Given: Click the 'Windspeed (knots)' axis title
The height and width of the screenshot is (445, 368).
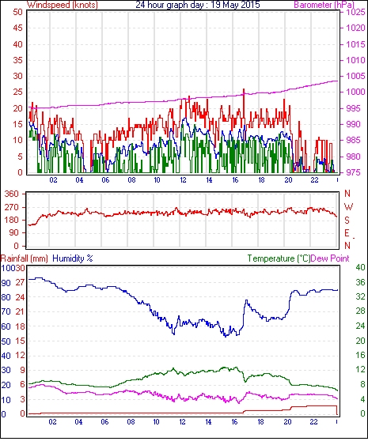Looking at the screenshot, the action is point(63,5).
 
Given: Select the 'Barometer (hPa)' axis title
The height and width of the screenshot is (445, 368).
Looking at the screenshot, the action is point(324,5).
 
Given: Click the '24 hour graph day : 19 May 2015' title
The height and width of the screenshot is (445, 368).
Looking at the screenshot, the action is point(198,5).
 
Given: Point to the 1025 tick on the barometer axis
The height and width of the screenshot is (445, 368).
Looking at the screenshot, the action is point(355,12).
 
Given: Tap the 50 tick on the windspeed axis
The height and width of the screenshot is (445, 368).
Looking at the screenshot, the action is point(17,12).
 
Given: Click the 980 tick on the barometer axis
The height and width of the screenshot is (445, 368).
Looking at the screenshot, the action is point(355,157).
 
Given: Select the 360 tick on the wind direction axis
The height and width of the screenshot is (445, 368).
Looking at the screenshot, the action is point(12,194).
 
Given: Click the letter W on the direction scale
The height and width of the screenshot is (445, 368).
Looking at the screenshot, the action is point(348,206).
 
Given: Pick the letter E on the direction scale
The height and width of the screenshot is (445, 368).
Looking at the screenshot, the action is point(347,233).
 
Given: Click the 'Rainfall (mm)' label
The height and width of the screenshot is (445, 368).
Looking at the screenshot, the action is point(25,258).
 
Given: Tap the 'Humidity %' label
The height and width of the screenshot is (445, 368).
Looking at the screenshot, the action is point(73,258).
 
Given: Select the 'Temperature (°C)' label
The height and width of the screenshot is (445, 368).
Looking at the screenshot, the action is point(279,258).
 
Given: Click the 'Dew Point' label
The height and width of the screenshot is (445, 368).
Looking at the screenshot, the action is point(330,258).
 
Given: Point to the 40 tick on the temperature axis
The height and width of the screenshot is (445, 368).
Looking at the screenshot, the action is point(360,267).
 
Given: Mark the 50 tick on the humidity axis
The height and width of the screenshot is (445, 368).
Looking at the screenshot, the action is point(6,341).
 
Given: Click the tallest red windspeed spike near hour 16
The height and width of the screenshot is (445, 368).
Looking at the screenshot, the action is point(244,89).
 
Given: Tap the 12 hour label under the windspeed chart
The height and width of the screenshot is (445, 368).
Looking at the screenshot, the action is point(184,180).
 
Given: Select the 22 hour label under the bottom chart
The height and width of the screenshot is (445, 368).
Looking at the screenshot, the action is point(313,422).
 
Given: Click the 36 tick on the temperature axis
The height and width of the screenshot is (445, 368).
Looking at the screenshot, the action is point(360,282).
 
